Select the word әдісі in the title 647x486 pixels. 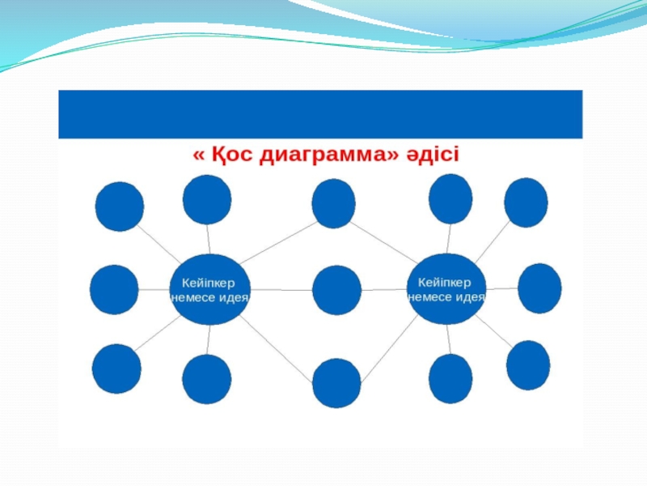pos(432,154)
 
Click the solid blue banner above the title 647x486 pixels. pos(320,113)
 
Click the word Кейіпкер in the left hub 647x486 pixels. pos(202,283)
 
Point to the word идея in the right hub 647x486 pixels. pos(468,296)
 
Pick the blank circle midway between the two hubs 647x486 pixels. pos(336,290)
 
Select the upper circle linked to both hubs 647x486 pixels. pos(333,203)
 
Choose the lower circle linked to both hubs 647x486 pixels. pos(336,382)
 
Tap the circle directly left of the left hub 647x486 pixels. pos(114,289)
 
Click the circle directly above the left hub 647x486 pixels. pos(207,199)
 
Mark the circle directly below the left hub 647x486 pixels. pos(207,379)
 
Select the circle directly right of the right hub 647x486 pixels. pos(539,288)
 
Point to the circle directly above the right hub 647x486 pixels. pos(450,198)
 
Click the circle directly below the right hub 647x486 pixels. pos(450,378)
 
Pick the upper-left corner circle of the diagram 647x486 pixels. pos(120,207)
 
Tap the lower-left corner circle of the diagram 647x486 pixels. pos(116,369)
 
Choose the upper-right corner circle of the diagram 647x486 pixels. pos(526,202)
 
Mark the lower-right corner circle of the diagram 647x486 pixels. pos(528,365)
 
